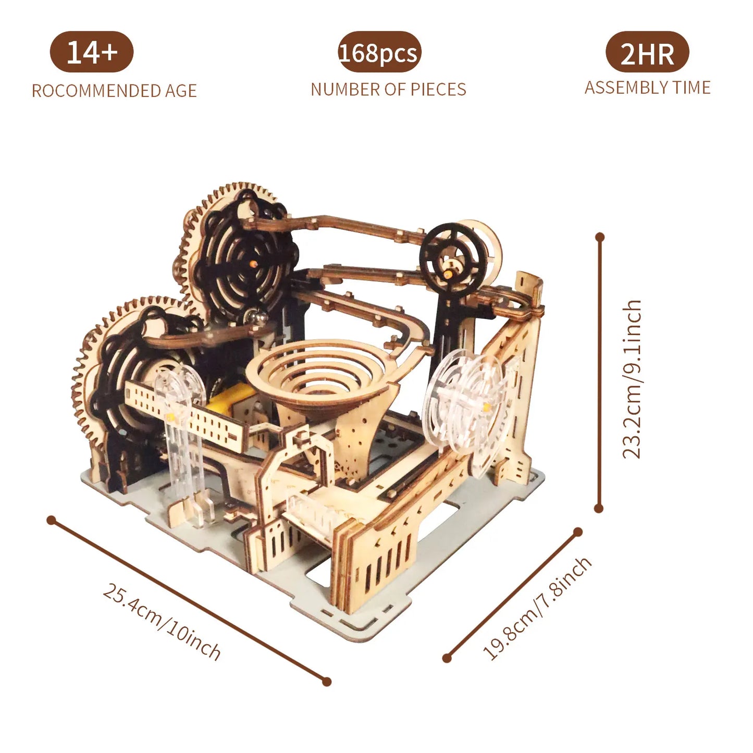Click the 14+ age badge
click(92, 52)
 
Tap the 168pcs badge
click(379, 53)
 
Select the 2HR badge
click(647, 53)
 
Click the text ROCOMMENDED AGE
click(114, 91)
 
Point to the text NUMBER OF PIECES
click(388, 90)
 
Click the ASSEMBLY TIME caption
click(647, 88)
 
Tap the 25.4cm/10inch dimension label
click(162, 622)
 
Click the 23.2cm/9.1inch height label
click(632, 379)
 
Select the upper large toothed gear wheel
click(237, 250)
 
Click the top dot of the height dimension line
click(600, 237)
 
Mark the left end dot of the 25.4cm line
click(51, 520)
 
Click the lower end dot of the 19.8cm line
click(447, 658)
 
